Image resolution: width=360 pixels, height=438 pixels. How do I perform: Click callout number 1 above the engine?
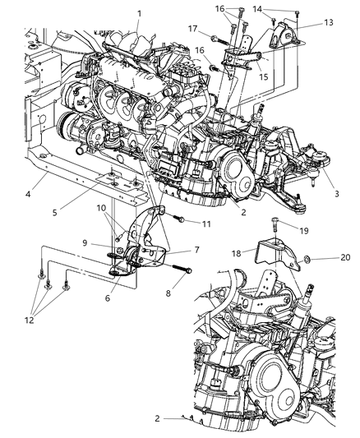coord(139,12)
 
